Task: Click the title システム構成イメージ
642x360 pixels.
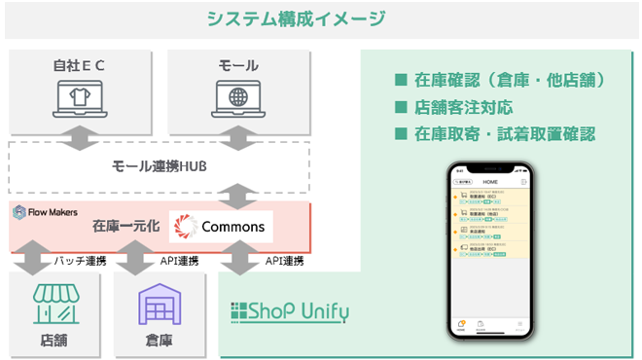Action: click(296, 18)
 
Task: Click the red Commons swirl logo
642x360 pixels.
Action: click(185, 227)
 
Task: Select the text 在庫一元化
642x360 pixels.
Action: click(125, 227)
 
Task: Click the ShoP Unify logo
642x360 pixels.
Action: click(289, 312)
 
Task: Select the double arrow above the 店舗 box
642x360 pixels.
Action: click(29, 260)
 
